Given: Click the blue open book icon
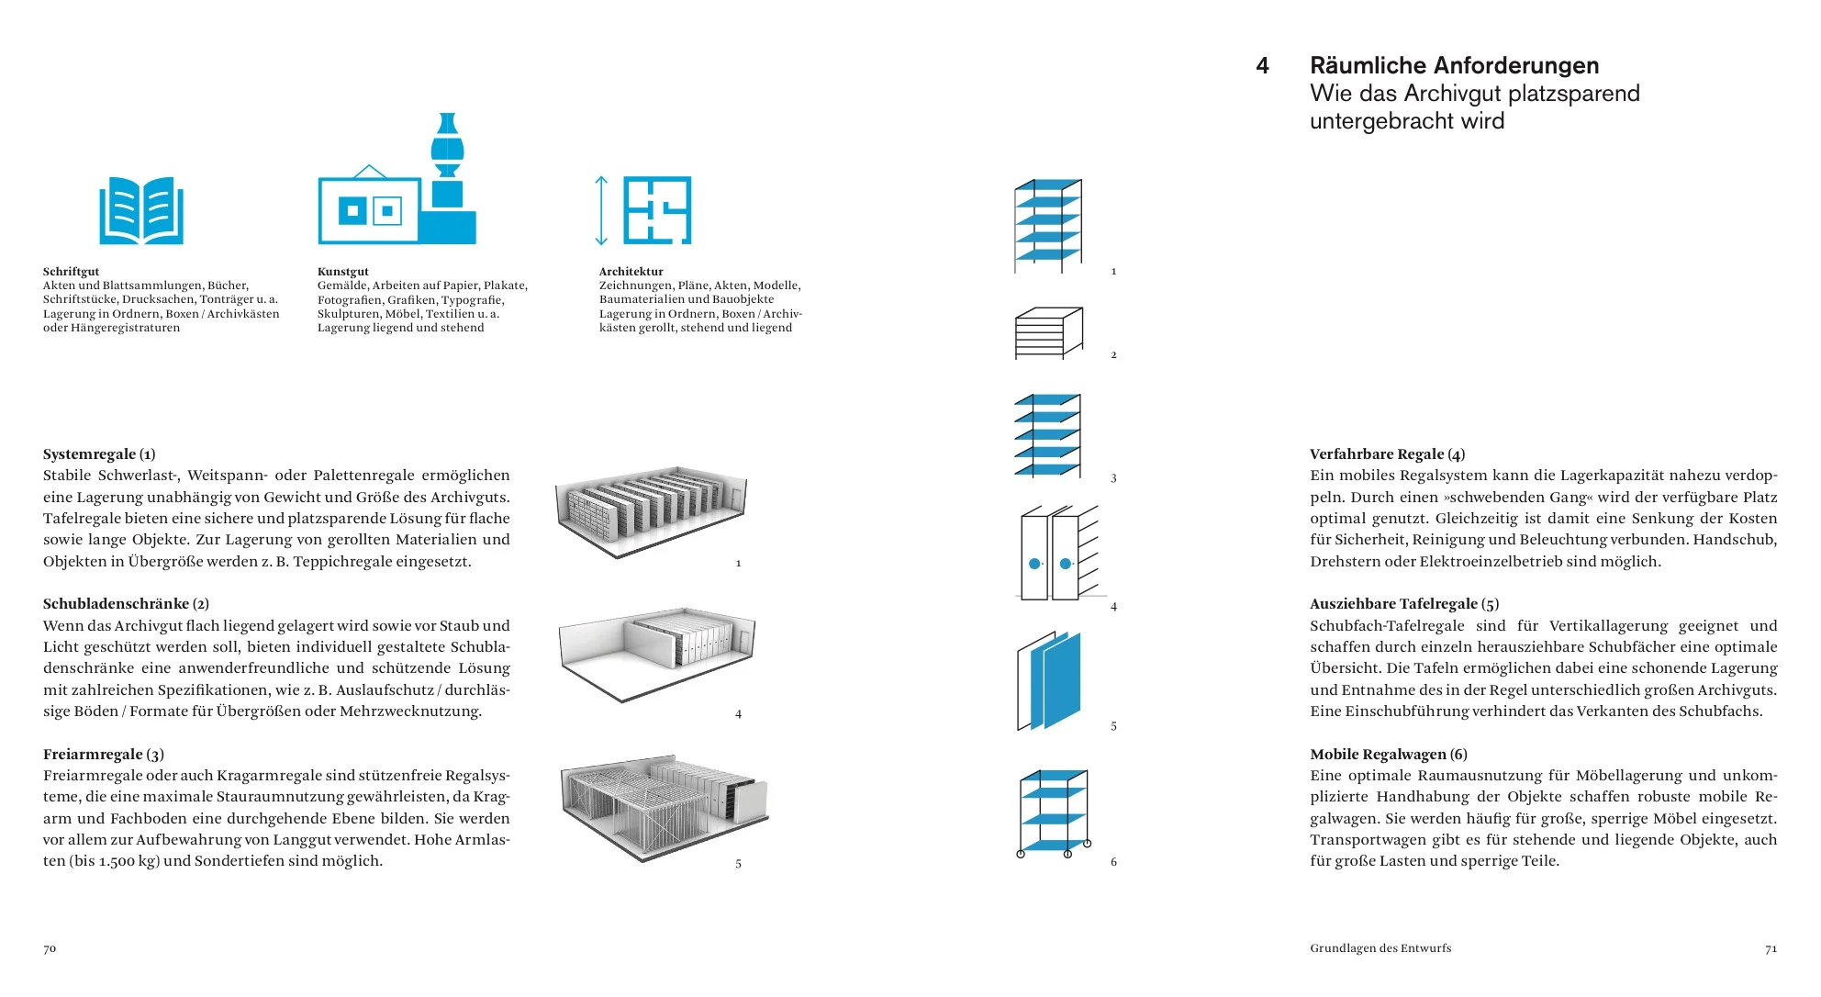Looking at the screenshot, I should [141, 211].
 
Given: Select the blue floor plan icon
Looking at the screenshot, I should [657, 210].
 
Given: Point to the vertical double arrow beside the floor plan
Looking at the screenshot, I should [601, 210].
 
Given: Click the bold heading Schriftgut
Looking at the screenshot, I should [71, 272].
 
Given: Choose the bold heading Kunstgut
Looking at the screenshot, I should [343, 272].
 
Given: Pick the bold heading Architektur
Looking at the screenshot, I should [631, 272].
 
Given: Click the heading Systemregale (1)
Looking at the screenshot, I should [99, 454].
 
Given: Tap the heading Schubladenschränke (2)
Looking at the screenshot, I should [126, 604].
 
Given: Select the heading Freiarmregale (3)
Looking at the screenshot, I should [104, 755].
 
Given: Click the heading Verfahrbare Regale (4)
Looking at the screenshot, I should [1387, 454].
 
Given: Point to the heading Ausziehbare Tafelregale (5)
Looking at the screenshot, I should [1404, 604].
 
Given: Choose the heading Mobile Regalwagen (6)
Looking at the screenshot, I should [1389, 755].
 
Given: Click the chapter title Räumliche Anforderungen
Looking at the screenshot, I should [1454, 66].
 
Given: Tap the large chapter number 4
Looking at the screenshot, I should [1263, 66].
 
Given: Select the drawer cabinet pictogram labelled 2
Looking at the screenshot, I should [1048, 333].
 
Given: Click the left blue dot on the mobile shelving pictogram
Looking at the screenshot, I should [1034, 564].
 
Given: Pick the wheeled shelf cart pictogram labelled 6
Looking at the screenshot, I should [1054, 813].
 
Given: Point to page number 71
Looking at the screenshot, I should [1771, 949].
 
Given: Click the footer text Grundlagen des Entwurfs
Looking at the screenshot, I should [1380, 948].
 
